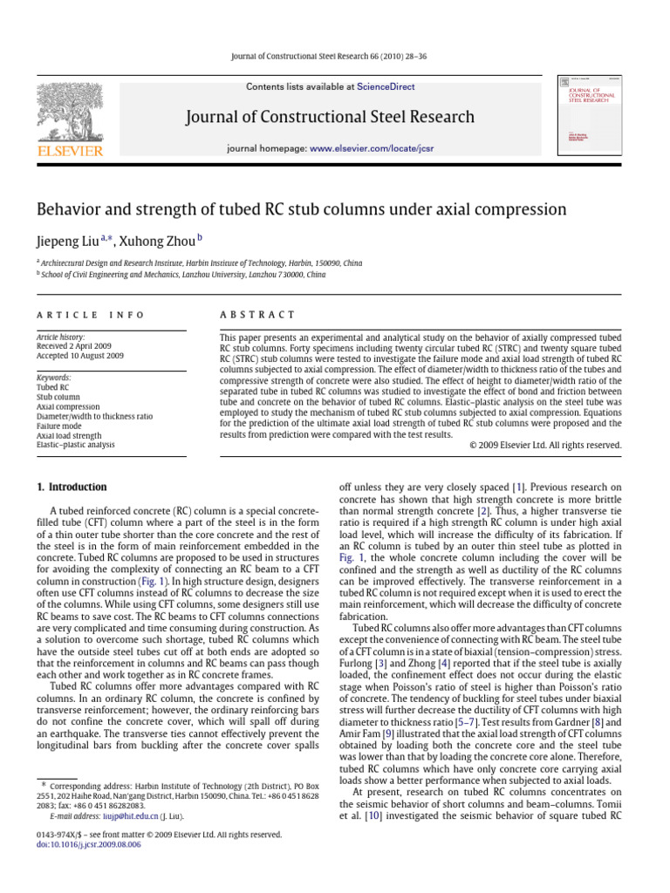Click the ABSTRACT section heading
[x=257, y=315]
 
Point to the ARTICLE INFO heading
[x=90, y=315]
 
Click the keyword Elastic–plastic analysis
[x=75, y=445]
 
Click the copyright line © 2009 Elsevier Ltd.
[x=544, y=445]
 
